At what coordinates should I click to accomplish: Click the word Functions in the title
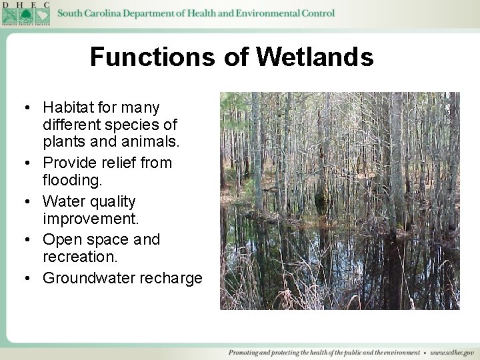pyautogui.click(x=153, y=57)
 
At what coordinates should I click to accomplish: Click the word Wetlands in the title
pyautogui.click(x=315, y=57)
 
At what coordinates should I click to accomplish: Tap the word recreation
pyautogui.click(x=79, y=257)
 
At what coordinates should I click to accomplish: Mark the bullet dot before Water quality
pyautogui.click(x=25, y=202)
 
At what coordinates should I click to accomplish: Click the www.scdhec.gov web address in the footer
pyautogui.click(x=452, y=352)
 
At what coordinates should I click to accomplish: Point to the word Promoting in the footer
pyautogui.click(x=246, y=352)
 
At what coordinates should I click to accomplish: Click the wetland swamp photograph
pyautogui.click(x=339, y=200)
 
